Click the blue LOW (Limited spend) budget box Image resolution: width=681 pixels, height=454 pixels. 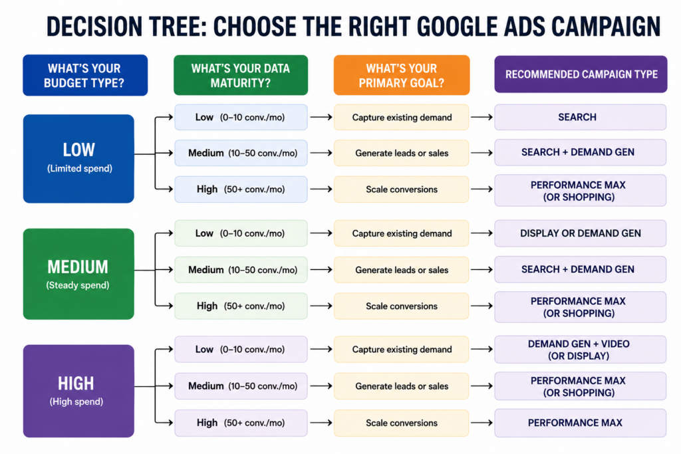78,159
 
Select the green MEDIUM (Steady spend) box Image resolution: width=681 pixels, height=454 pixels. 78,275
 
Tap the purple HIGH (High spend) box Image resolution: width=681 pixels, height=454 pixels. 78,391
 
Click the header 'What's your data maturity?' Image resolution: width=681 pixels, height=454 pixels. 241,75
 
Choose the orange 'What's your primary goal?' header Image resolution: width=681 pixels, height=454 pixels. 402,75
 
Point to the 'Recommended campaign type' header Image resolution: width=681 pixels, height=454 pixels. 581,74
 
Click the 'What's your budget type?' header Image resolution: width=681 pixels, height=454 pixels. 85,75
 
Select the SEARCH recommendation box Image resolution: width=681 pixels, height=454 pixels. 580,117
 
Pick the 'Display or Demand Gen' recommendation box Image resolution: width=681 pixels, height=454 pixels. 580,233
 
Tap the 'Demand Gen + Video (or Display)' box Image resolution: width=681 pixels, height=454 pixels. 580,350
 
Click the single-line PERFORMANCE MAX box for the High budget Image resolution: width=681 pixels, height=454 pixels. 580,423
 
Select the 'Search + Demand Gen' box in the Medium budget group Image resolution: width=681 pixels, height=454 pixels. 580,269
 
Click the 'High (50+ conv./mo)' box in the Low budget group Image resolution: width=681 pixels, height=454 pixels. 241,189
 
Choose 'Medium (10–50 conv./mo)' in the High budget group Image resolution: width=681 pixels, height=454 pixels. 241,386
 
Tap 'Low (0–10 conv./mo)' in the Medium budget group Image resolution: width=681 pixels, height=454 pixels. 241,233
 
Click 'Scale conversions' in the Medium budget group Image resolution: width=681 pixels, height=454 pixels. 401,306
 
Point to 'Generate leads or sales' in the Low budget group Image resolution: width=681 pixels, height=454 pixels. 401,153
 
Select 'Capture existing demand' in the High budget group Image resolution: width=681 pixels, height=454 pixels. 401,350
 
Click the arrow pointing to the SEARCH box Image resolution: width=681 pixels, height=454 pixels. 481,117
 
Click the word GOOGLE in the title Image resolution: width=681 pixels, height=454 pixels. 458,26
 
